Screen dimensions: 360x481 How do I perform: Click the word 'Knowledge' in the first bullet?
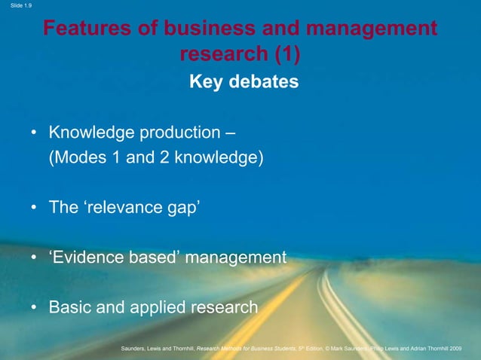pyautogui.click(x=90, y=133)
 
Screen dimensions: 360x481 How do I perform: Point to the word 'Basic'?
pyautogui.click(x=69, y=307)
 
